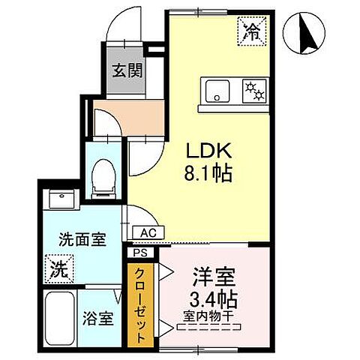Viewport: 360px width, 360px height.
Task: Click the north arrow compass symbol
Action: click(306, 34)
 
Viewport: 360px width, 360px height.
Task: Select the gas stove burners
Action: click(254, 91)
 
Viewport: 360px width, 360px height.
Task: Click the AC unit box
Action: click(148, 233)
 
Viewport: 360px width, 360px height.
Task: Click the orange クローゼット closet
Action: click(139, 304)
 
